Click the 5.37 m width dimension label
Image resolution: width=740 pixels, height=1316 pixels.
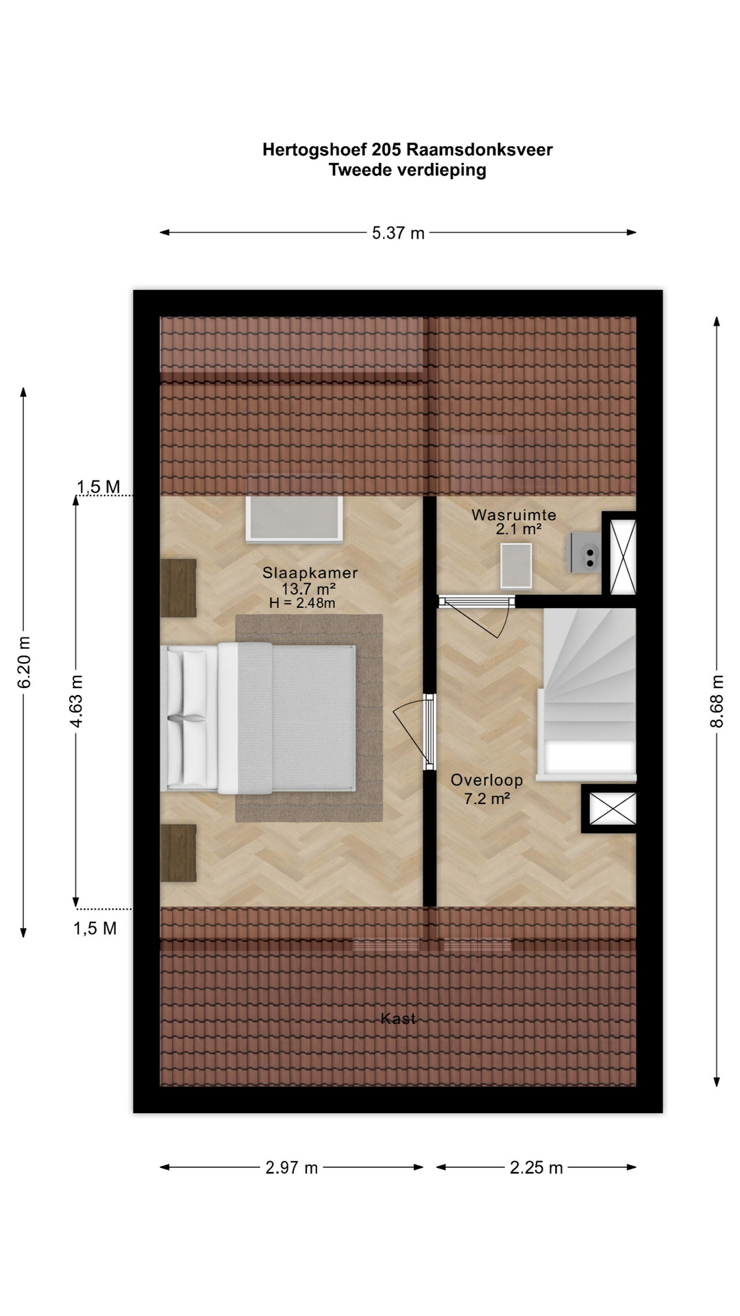click(398, 233)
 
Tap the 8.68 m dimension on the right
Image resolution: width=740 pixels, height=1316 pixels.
click(717, 701)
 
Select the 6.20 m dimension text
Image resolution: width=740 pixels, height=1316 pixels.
click(24, 662)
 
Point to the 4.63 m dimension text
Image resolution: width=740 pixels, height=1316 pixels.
click(77, 701)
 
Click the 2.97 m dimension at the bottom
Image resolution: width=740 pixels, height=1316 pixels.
click(292, 1167)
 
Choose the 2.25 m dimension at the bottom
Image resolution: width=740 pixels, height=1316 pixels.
click(536, 1167)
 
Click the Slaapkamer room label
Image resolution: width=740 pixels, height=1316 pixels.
click(310, 573)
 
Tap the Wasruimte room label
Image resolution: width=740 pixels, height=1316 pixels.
click(514, 515)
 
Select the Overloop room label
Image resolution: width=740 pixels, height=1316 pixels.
click(486, 780)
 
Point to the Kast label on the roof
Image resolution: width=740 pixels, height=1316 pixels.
click(398, 1019)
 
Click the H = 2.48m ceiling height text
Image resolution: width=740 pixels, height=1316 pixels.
click(302, 603)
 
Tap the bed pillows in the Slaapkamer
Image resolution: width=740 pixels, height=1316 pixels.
click(186, 718)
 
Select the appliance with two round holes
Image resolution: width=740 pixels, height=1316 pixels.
click(585, 552)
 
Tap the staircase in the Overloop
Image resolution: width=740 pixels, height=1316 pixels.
click(589, 694)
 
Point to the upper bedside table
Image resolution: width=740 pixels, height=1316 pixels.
click(178, 587)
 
